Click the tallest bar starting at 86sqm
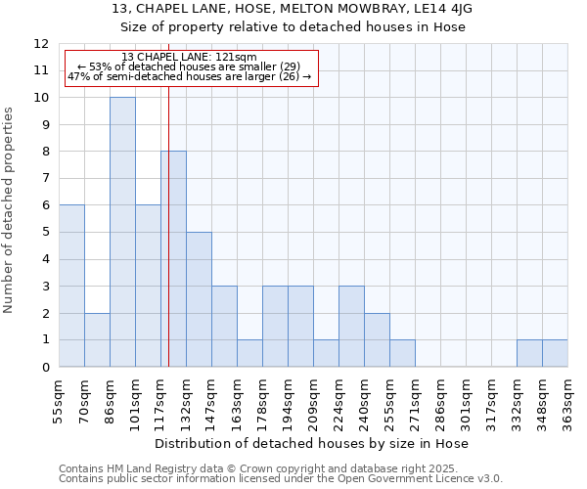click(122, 232)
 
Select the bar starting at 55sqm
click(71, 286)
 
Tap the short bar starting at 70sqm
click(97, 339)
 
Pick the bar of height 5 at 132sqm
click(199, 299)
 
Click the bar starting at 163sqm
click(249, 353)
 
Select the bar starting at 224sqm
click(351, 326)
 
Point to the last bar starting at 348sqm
click(555, 353)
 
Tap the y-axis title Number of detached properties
click(10, 210)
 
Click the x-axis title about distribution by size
click(312, 443)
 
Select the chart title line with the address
click(293, 9)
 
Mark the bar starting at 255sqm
click(402, 353)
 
